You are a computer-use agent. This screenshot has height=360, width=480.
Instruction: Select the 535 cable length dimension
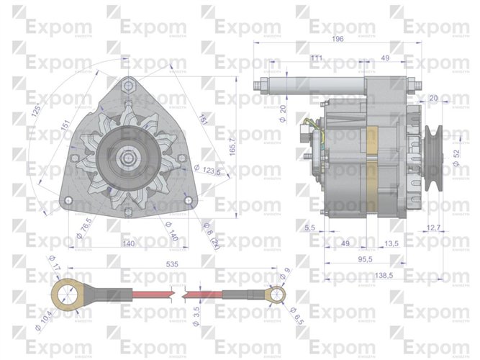click(171, 265)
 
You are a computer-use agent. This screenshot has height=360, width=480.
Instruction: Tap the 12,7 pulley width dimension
click(434, 228)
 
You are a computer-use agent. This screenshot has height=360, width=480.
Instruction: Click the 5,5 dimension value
click(311, 228)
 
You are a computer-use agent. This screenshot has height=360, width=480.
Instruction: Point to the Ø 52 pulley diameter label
click(456, 156)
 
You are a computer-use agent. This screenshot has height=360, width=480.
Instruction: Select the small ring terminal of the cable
click(274, 294)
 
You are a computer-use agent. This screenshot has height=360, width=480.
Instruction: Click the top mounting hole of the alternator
click(129, 86)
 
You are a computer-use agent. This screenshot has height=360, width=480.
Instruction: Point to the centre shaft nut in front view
click(128, 156)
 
